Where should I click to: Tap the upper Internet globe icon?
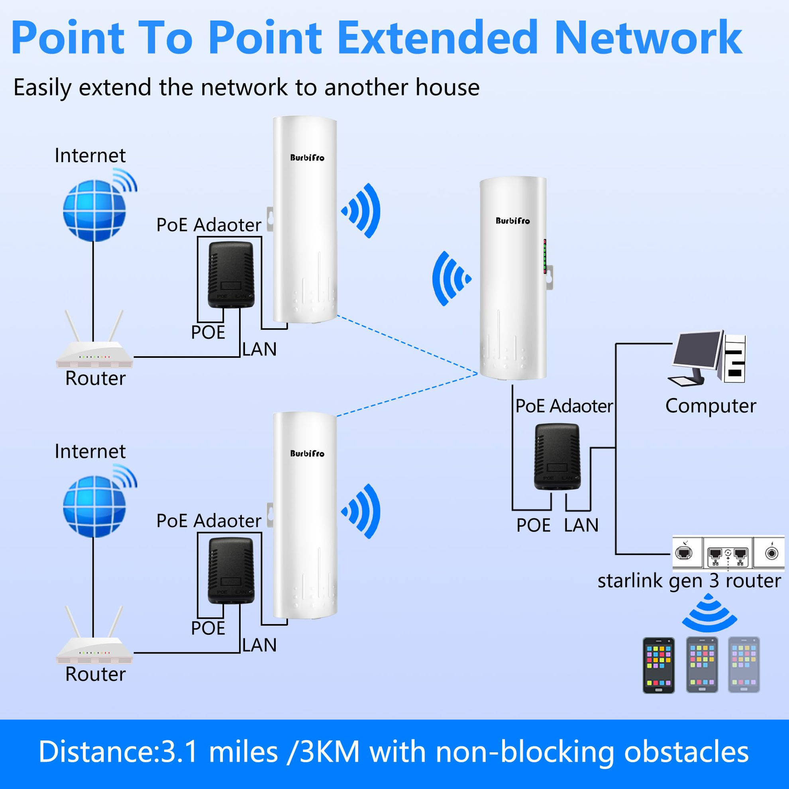pos(94,211)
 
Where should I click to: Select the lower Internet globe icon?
pos(94,506)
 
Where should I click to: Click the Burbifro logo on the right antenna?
pos(512,221)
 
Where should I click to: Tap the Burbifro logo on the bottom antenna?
pos(307,453)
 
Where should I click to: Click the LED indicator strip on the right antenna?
pos(545,257)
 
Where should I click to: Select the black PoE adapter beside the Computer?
pos(557,457)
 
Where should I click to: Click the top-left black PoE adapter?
pos(231,275)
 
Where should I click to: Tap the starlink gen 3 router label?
pos(689,581)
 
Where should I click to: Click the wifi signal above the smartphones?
pos(709,614)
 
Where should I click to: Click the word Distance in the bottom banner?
pos(96,752)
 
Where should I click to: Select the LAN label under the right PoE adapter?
pos(581,525)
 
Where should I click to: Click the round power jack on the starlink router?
pos(771,554)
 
